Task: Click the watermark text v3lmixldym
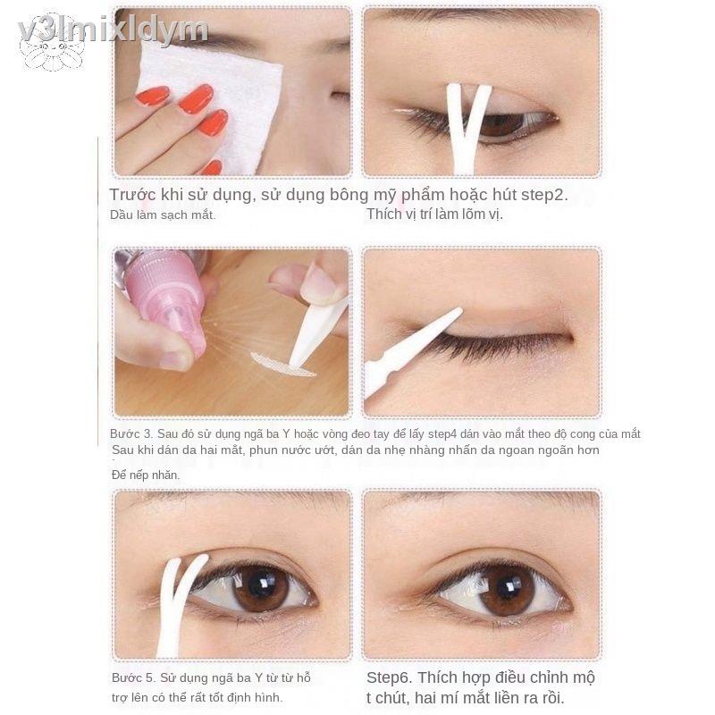112,29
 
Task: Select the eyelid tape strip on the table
282,364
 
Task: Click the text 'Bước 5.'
132,677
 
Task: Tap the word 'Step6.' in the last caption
391,677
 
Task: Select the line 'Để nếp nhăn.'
146,475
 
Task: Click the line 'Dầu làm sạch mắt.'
163,214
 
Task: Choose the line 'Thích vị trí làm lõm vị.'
434,214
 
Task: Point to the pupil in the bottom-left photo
260,588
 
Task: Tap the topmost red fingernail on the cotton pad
153,96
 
